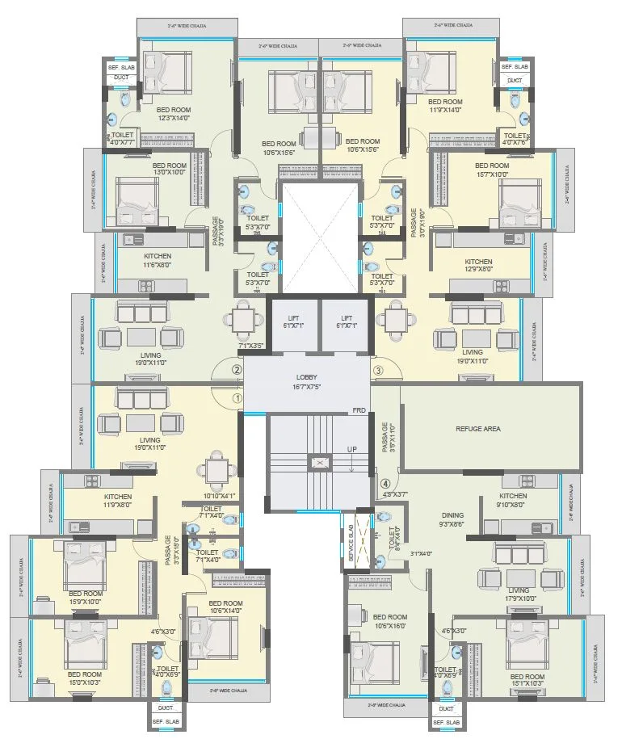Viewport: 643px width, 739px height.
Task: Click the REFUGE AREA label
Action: click(x=478, y=429)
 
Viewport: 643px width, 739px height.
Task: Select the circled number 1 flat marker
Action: click(x=237, y=397)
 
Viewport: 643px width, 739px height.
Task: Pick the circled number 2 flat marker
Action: click(x=237, y=370)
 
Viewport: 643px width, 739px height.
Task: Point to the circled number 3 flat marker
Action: click(x=378, y=370)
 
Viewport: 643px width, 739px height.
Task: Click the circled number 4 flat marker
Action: click(x=385, y=484)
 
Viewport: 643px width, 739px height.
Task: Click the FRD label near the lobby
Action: click(x=359, y=411)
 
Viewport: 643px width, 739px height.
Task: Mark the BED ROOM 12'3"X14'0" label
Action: click(x=173, y=114)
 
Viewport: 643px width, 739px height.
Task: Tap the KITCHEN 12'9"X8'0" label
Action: click(x=478, y=267)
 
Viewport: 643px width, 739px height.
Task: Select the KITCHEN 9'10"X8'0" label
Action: click(x=513, y=501)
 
